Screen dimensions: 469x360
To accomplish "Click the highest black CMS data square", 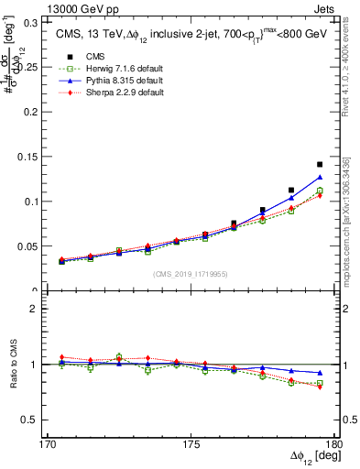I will click(x=320, y=164).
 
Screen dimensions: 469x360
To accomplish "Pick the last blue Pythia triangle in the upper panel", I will click(x=320, y=177).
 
